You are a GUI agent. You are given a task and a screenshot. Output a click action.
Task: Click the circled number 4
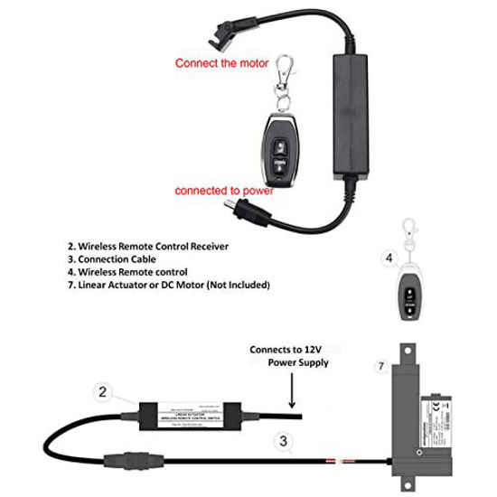point(389,258)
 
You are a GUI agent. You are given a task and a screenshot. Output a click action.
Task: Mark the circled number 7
point(380,366)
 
